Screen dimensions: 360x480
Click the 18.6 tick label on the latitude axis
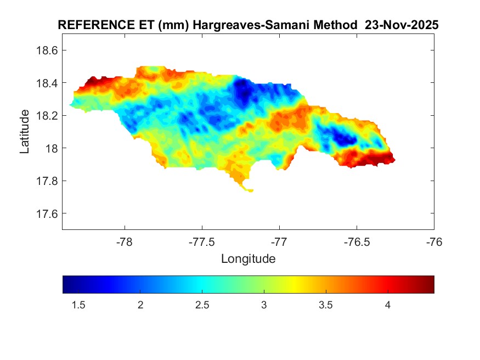(x=47, y=50)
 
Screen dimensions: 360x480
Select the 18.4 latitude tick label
(x=47, y=83)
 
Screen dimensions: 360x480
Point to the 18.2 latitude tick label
(x=47, y=116)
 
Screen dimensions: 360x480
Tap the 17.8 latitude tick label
(x=47, y=181)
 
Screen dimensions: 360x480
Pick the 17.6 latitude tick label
(x=47, y=213)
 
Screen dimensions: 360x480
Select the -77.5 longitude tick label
(x=202, y=243)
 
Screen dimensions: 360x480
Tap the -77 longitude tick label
(x=279, y=243)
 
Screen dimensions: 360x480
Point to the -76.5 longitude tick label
(x=357, y=243)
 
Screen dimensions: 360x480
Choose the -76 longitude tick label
(x=434, y=243)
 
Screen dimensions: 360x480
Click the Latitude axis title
(x=25, y=132)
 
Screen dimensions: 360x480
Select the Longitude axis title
(x=248, y=258)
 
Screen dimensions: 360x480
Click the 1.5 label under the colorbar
(x=78, y=306)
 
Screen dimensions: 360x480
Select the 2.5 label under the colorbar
(x=202, y=306)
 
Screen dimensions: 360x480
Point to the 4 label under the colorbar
(x=388, y=306)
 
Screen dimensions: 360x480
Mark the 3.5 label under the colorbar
(x=326, y=306)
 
